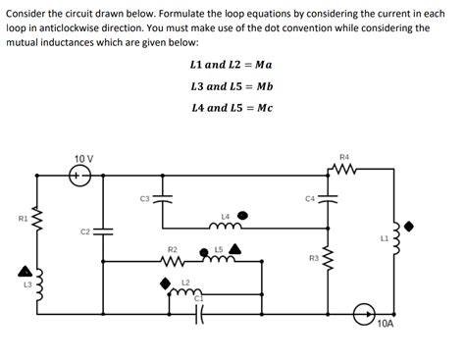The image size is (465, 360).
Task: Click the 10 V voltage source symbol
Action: [x=80, y=177]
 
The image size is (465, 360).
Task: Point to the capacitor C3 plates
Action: [x=162, y=199]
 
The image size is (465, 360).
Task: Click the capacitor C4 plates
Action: [x=328, y=199]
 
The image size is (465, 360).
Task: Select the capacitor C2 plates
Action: [x=104, y=231]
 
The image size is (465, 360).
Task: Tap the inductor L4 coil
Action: [x=225, y=224]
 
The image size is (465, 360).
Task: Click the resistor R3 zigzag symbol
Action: [x=329, y=258]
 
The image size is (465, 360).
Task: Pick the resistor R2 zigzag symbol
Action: [x=173, y=262]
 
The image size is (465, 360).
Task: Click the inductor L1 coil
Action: [x=396, y=239]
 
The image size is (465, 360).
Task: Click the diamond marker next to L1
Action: [x=409, y=225]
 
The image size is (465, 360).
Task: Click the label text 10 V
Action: [x=83, y=158]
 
